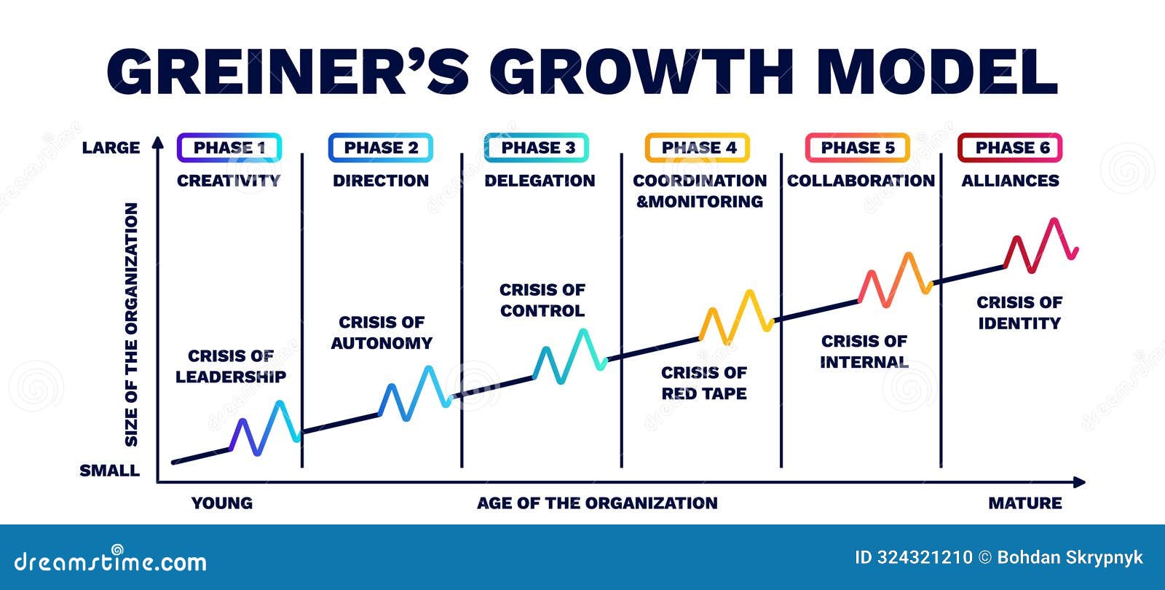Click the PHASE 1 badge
(229, 148)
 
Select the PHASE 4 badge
(698, 148)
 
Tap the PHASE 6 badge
(1011, 148)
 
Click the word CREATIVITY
(229, 181)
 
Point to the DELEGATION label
(540, 181)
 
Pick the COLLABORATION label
(861, 181)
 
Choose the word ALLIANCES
(1011, 181)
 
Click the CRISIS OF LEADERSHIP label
(231, 366)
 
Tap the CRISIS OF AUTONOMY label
(382, 332)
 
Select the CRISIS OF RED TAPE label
(704, 383)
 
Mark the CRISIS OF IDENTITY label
(1019, 312)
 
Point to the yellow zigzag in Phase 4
(735, 318)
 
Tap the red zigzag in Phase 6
(1041, 245)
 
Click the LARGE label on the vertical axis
(111, 148)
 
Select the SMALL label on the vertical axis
(109, 471)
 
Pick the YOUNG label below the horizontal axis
(222, 503)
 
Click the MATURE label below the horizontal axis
(1024, 503)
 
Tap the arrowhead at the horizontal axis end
(1079, 481)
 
